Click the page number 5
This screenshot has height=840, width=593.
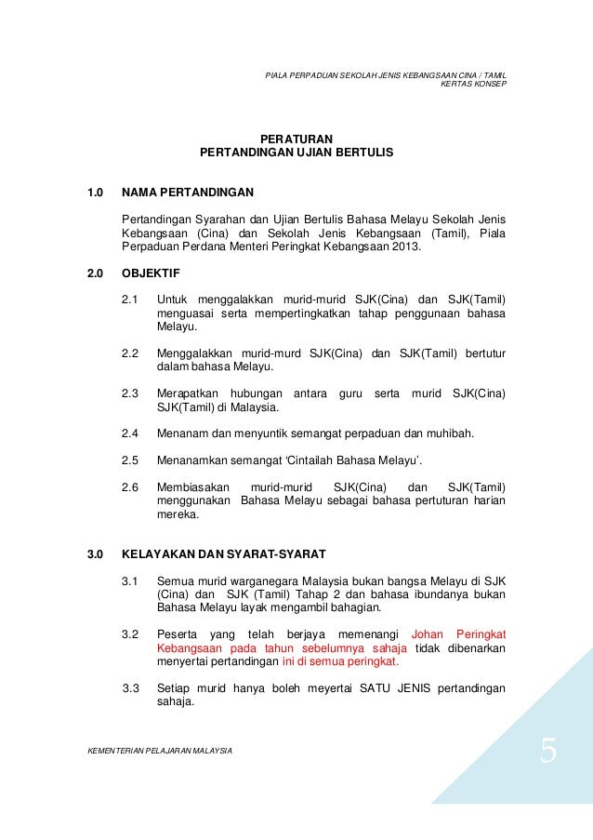tap(548, 750)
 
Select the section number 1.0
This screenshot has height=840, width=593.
tap(94, 193)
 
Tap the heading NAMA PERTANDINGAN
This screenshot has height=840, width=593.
tap(188, 193)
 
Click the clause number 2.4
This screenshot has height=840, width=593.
tap(130, 433)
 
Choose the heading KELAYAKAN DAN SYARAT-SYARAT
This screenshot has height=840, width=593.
tap(224, 555)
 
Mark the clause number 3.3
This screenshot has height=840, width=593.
tap(130, 689)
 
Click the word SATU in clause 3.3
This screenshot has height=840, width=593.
tap(343, 689)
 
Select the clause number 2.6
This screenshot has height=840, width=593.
tap(130, 487)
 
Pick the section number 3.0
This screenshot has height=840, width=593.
tap(94, 555)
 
